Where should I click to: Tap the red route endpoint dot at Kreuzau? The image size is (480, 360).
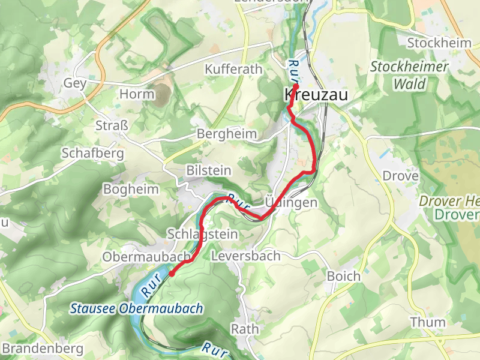coord(296,86)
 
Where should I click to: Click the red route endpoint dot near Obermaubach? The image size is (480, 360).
coord(172,273)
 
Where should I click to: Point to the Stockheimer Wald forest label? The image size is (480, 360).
coord(409,75)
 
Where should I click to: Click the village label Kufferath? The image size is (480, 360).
coord(234,70)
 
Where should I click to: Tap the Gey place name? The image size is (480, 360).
coord(75,83)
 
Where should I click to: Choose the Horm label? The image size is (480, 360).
coord(137,94)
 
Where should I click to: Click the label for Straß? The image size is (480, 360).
coord(112,125)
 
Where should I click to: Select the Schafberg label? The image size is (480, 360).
coord(92,154)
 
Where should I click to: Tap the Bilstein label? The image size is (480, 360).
coord(208,170)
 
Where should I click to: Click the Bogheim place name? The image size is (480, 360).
coord(131,190)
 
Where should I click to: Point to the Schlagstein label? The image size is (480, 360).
coord(203,234)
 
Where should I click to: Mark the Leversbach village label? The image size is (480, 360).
coord(246,256)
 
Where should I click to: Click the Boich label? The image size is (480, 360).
coord(344,277)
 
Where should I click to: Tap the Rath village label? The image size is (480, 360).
coord(245,329)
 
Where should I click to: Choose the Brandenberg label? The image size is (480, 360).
coord(43,349)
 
